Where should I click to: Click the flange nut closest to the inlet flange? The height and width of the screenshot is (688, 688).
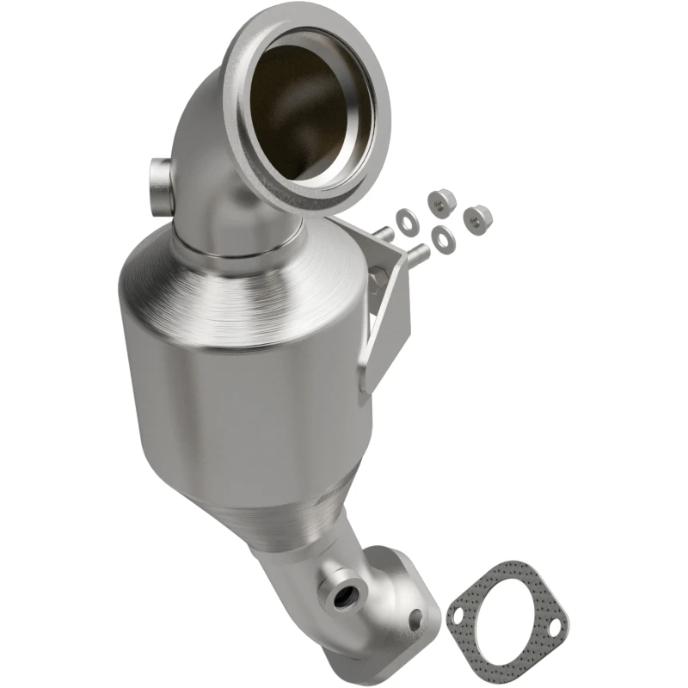click(438, 201)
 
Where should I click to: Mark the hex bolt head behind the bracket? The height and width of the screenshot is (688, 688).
click(376, 274)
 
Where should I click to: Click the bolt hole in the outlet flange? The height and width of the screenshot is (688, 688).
click(416, 616)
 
